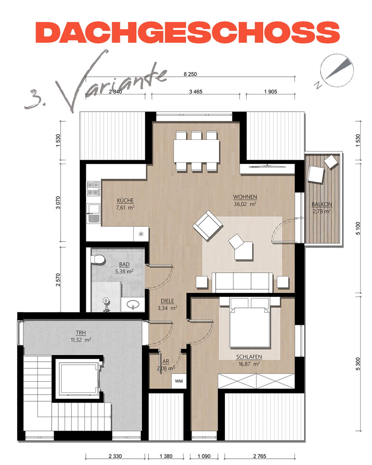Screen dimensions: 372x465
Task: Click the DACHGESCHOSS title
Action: [x=187, y=32]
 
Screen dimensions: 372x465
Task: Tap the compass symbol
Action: [x=337, y=71]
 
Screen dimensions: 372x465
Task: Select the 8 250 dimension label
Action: [x=190, y=74]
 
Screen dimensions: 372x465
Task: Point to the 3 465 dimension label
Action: [x=196, y=92]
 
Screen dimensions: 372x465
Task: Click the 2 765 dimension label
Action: [x=259, y=456]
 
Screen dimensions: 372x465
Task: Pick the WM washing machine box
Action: [x=179, y=381]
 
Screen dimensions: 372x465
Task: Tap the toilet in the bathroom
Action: [x=98, y=259]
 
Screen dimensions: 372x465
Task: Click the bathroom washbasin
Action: [x=133, y=304]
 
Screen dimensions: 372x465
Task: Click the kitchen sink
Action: [x=93, y=213]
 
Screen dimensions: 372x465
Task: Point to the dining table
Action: [x=196, y=151]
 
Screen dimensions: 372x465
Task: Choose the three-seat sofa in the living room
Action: [x=242, y=282]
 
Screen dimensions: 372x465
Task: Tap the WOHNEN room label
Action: [x=245, y=197]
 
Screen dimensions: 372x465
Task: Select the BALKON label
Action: [x=322, y=204]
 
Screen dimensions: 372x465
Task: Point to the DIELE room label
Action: [x=167, y=301]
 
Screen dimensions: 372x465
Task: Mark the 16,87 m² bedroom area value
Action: [x=249, y=364]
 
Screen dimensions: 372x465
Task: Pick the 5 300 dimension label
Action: [x=358, y=364]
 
